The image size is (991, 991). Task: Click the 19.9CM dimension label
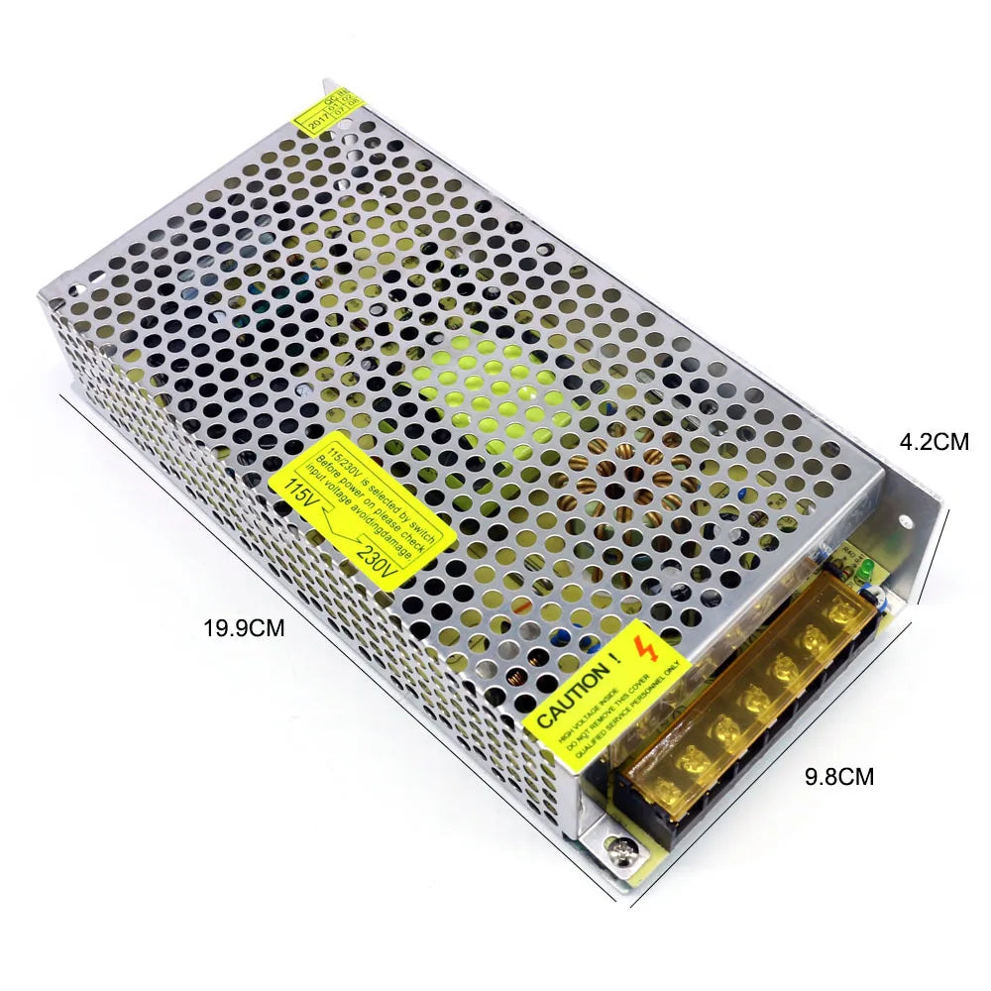(244, 627)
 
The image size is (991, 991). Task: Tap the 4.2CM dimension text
(934, 442)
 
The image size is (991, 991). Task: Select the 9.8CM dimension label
(839, 776)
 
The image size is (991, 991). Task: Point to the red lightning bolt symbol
(650, 651)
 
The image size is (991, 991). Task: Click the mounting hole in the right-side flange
(905, 521)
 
